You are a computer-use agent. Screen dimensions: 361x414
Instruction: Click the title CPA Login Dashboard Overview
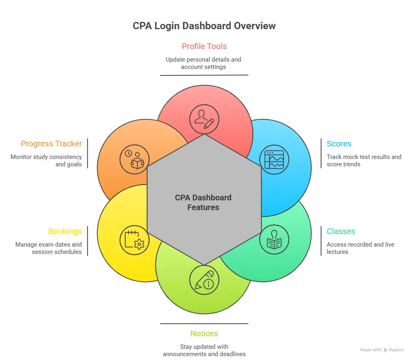click(204, 26)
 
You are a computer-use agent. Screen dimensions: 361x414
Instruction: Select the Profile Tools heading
click(204, 46)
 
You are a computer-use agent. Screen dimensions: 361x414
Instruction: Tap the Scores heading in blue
click(339, 144)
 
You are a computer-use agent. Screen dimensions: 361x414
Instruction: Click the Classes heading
click(341, 231)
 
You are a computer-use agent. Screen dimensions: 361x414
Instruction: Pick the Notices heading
click(204, 333)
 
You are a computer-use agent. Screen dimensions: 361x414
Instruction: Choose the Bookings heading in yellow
click(65, 231)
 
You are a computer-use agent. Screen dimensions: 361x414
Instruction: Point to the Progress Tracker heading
click(51, 144)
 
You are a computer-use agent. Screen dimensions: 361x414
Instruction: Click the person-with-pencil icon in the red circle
click(204, 119)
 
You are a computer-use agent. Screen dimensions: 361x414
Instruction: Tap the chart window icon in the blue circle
click(274, 159)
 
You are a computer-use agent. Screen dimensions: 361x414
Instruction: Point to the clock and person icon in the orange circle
click(134, 159)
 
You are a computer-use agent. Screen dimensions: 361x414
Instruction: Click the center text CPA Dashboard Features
click(203, 202)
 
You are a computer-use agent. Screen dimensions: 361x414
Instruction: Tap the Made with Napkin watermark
click(382, 350)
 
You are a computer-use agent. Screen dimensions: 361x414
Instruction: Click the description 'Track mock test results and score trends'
click(364, 161)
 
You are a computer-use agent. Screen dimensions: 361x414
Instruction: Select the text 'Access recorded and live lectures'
click(360, 248)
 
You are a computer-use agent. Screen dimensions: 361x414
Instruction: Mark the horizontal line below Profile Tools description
click(204, 75)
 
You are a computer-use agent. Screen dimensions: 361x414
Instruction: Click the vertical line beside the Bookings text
click(88, 241)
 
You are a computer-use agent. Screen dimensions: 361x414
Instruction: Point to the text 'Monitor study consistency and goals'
click(46, 161)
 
